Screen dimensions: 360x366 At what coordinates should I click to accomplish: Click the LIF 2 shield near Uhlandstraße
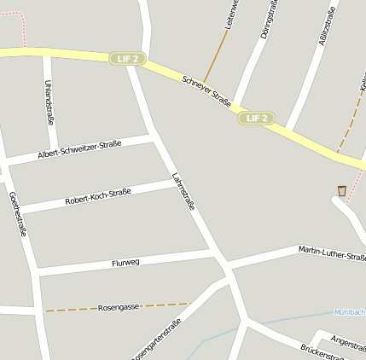click(128, 59)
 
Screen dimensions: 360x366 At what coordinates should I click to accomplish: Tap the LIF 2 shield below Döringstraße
click(257, 118)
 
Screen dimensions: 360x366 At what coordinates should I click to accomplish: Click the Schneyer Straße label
click(207, 91)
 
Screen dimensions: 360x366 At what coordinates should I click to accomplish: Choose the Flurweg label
click(125, 263)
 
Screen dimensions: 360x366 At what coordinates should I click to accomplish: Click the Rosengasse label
click(119, 306)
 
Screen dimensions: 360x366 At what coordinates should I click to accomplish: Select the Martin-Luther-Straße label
click(332, 253)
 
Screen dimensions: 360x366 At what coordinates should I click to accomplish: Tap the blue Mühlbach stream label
click(350, 312)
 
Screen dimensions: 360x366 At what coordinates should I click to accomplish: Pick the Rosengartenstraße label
click(157, 344)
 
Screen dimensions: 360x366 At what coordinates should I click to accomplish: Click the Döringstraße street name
click(270, 21)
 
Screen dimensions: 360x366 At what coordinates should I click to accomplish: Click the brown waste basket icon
click(342, 190)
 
